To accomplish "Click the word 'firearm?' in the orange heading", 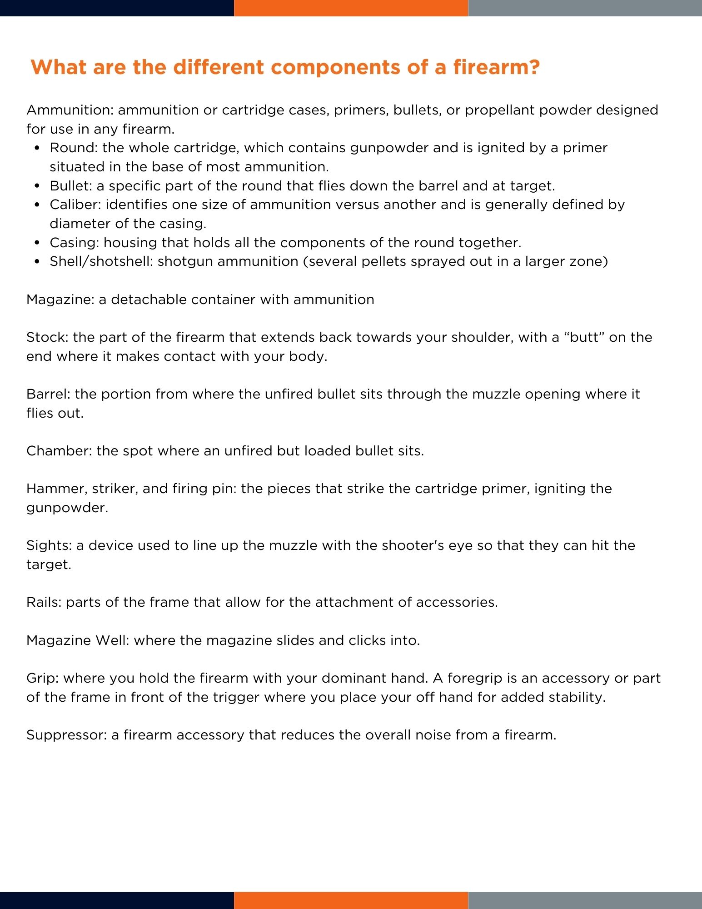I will pos(496,67).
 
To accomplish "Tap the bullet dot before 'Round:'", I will pos(38,148).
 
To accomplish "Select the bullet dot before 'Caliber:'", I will pos(38,205).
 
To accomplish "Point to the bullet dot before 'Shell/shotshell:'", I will pos(38,262).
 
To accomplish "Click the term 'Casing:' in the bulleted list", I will pos(74,243).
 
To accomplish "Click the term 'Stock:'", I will pos(47,337).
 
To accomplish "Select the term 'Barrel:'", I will pos(48,394).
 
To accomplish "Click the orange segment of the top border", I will pos(351,8).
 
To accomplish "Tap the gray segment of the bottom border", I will pos(585,900).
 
